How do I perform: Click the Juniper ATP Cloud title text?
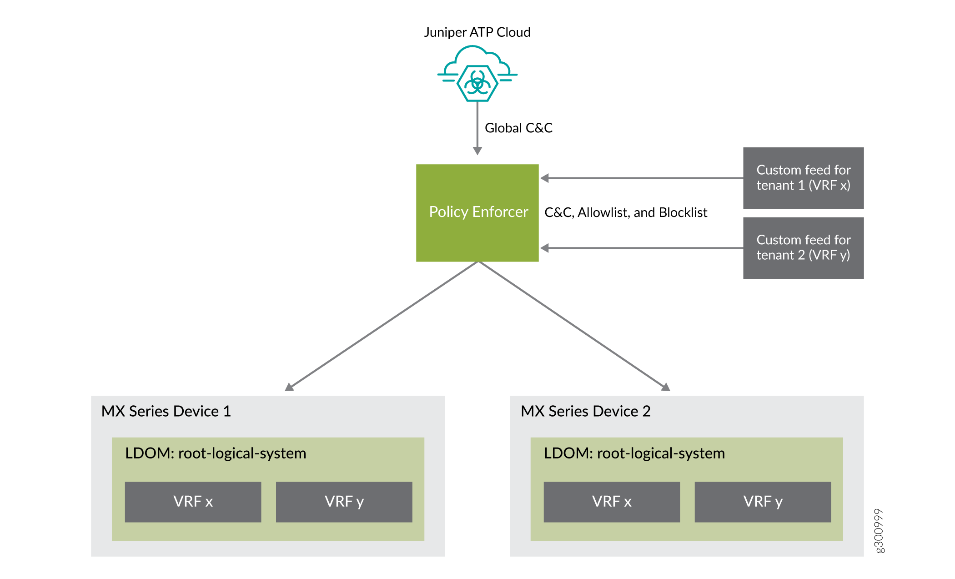point(477,32)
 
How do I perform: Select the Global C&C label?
point(518,128)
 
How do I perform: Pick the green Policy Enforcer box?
point(477,212)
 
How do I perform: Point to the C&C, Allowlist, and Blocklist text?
point(625,212)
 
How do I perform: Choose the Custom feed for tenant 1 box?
point(803,178)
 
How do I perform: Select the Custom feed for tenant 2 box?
point(803,248)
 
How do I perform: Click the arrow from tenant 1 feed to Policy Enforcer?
point(641,178)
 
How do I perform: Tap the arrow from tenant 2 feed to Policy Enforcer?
point(641,248)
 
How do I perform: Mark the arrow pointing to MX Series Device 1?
point(382,326)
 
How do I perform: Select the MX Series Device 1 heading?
point(166,411)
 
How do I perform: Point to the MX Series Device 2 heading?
point(585,411)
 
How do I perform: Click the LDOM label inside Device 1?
point(216,453)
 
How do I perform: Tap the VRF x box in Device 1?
point(193,502)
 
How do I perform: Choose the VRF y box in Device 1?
point(344,502)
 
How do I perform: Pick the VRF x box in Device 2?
point(612,502)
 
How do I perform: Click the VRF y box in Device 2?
point(763,502)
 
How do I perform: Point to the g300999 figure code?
point(879,530)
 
